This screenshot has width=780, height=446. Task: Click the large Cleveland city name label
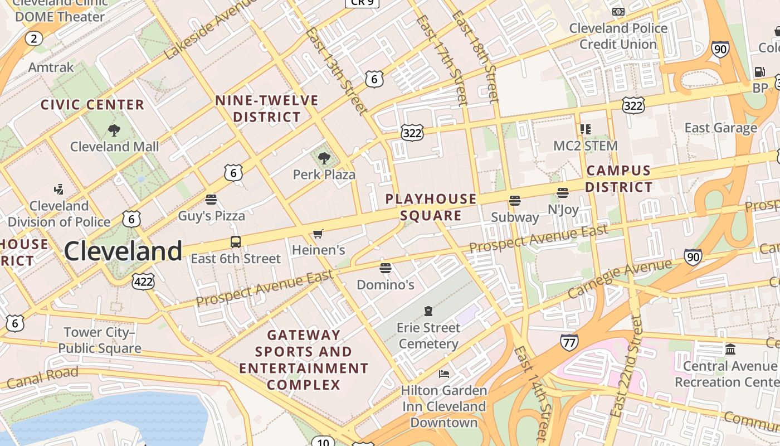tap(123, 251)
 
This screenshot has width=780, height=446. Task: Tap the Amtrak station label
tap(51, 67)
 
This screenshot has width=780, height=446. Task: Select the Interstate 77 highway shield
tap(569, 342)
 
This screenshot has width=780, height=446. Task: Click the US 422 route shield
tap(143, 281)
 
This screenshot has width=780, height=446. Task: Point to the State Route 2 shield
tap(34, 38)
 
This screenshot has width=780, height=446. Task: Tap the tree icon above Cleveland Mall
tap(114, 131)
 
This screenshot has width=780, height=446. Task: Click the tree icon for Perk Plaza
tap(324, 159)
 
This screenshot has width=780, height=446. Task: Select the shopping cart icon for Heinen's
tap(318, 234)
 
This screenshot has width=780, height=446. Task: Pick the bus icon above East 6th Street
tap(236, 243)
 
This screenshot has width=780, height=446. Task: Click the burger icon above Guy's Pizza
tap(211, 200)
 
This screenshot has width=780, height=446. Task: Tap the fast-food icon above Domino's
tap(385, 269)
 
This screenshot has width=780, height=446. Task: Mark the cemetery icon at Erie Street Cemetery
tap(428, 311)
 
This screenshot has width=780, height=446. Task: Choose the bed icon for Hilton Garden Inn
tap(444, 374)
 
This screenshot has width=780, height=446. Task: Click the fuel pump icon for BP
tap(759, 71)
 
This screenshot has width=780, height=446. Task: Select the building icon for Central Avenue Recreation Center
tap(730, 350)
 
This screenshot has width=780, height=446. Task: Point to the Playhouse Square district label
tap(431, 207)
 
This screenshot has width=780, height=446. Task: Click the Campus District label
tap(618, 178)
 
